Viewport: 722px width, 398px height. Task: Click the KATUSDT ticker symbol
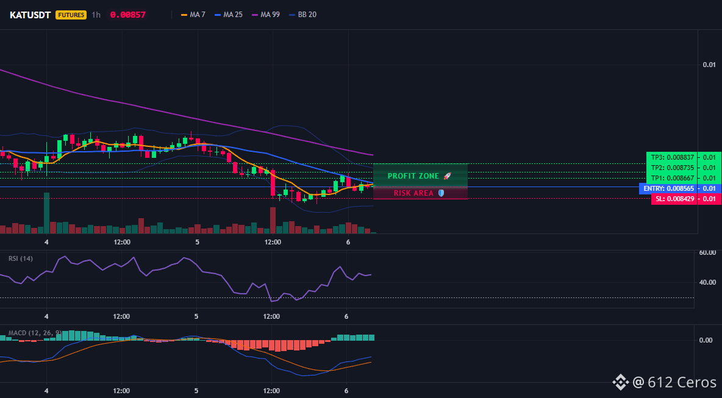point(30,15)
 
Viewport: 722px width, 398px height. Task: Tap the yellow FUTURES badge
point(71,15)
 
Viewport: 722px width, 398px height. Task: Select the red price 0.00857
point(127,15)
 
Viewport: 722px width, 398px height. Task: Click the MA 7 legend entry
point(193,15)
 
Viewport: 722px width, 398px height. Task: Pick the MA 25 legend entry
point(229,15)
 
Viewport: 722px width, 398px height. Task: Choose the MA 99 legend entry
point(266,15)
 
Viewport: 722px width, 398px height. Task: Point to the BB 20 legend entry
point(302,15)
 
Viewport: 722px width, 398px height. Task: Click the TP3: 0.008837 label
point(672,157)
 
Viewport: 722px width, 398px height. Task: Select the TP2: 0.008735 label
point(672,168)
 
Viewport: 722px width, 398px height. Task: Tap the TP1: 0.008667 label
point(672,178)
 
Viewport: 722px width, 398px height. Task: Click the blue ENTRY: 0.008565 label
point(668,188)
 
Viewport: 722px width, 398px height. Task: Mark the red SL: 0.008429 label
point(674,199)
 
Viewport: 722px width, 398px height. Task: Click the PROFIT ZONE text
point(413,176)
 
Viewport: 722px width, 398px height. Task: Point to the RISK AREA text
point(413,193)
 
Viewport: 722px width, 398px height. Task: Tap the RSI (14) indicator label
point(21,258)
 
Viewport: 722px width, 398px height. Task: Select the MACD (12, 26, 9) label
point(35,333)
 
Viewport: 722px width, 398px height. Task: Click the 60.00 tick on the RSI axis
point(707,252)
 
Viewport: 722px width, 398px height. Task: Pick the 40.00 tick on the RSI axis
point(707,282)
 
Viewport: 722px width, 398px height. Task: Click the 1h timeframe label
point(96,15)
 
